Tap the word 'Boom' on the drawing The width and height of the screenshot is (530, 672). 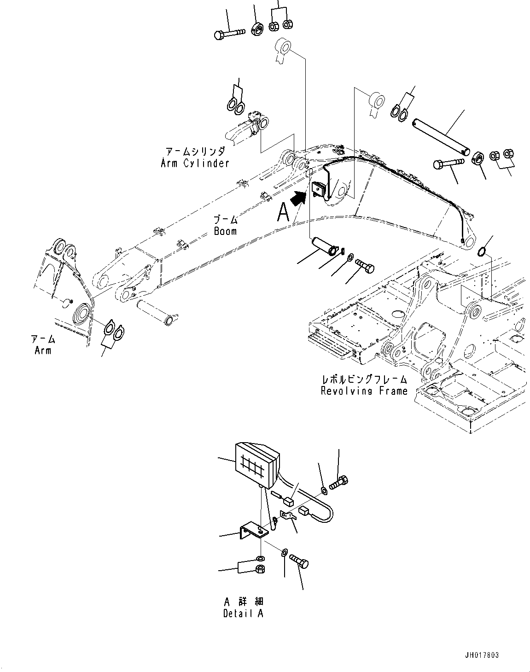[225, 231]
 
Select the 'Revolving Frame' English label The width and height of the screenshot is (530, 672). [364, 391]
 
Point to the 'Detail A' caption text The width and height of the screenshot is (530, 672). [243, 614]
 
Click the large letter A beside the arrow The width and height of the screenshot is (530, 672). [284, 213]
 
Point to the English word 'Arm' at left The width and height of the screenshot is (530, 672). [43, 351]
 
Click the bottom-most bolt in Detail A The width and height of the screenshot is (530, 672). [300, 562]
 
